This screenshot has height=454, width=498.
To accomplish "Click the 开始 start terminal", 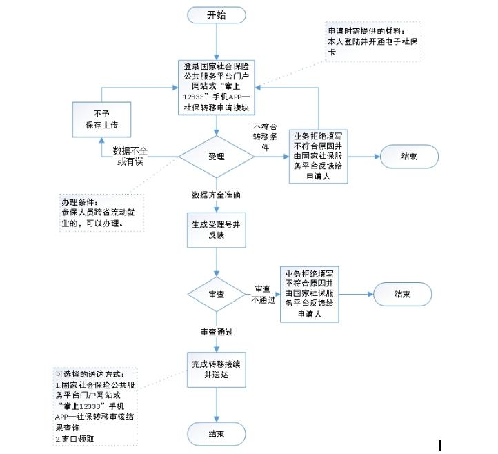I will point(216,15).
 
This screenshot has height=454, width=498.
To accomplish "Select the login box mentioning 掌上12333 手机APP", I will point(217,87).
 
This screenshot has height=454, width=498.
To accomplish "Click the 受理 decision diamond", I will point(217,157).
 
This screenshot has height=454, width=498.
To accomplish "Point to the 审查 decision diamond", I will point(217,294).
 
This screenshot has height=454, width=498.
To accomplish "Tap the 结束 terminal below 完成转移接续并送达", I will point(217,433).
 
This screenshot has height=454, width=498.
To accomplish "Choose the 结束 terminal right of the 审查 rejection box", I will point(402,294).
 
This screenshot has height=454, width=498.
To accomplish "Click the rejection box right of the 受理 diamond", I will point(318,157).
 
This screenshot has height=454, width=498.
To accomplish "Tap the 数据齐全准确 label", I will point(217,195).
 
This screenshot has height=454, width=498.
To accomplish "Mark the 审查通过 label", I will point(217,332).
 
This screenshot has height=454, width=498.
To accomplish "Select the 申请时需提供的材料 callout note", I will point(372,41).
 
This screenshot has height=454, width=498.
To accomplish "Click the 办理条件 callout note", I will point(100,213).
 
